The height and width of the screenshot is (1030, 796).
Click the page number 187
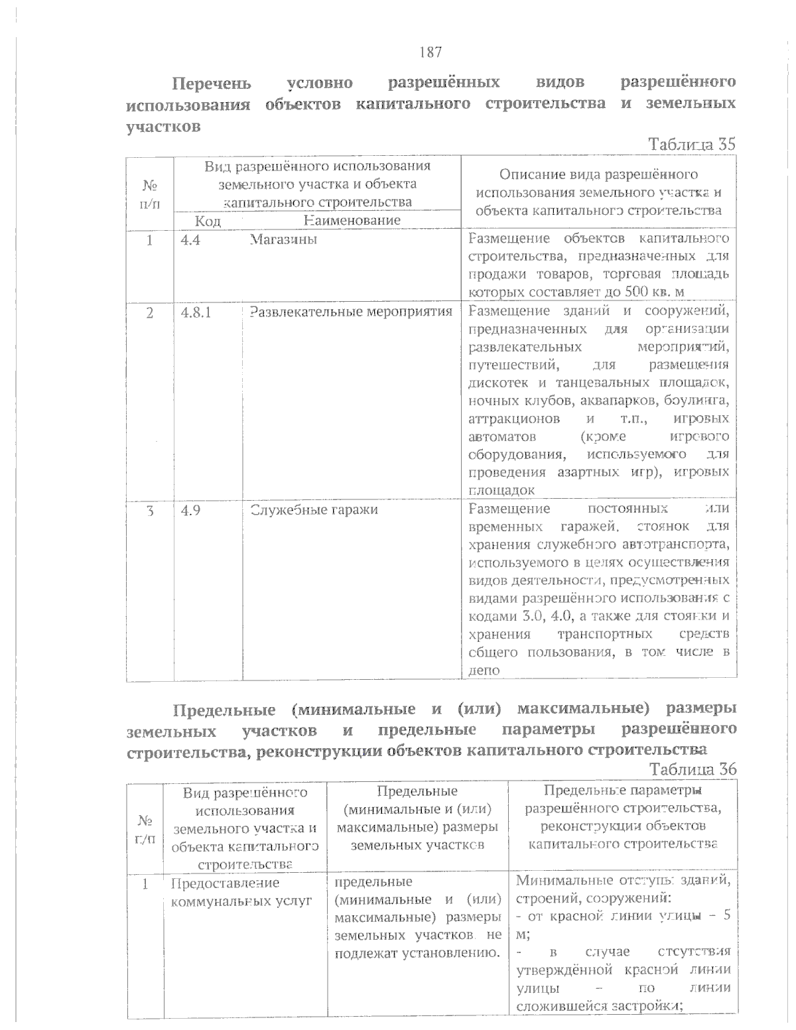pos(431,52)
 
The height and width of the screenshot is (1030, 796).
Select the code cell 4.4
pos(190,239)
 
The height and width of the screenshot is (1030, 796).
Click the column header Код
pos(207,220)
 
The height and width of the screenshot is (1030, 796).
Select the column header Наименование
pos(352,220)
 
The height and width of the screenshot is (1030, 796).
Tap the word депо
pos(484,670)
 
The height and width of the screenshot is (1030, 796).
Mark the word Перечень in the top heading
pos(212,84)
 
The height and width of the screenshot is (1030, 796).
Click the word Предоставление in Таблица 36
pos(225,883)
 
